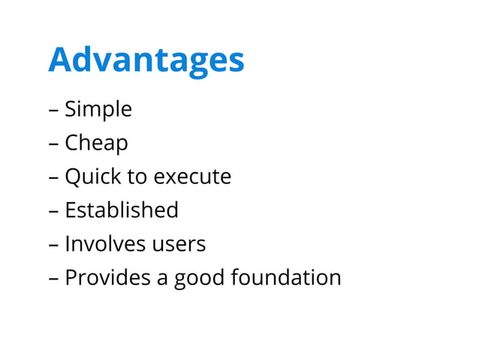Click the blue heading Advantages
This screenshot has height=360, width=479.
[146, 60]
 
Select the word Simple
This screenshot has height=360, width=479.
[98, 110]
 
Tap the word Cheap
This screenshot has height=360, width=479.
[96, 143]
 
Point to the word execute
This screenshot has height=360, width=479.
[191, 177]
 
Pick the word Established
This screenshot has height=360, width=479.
[122, 210]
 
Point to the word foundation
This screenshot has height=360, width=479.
[286, 277]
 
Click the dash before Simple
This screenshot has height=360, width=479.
[53, 111]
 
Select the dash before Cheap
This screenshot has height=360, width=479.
[53, 144]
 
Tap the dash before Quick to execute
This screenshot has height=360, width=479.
[53, 178]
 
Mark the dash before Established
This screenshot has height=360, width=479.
[53, 211]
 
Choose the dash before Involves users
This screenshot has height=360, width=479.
[53, 245]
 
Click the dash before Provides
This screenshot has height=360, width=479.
[53, 279]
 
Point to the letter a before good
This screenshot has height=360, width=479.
[162, 279]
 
